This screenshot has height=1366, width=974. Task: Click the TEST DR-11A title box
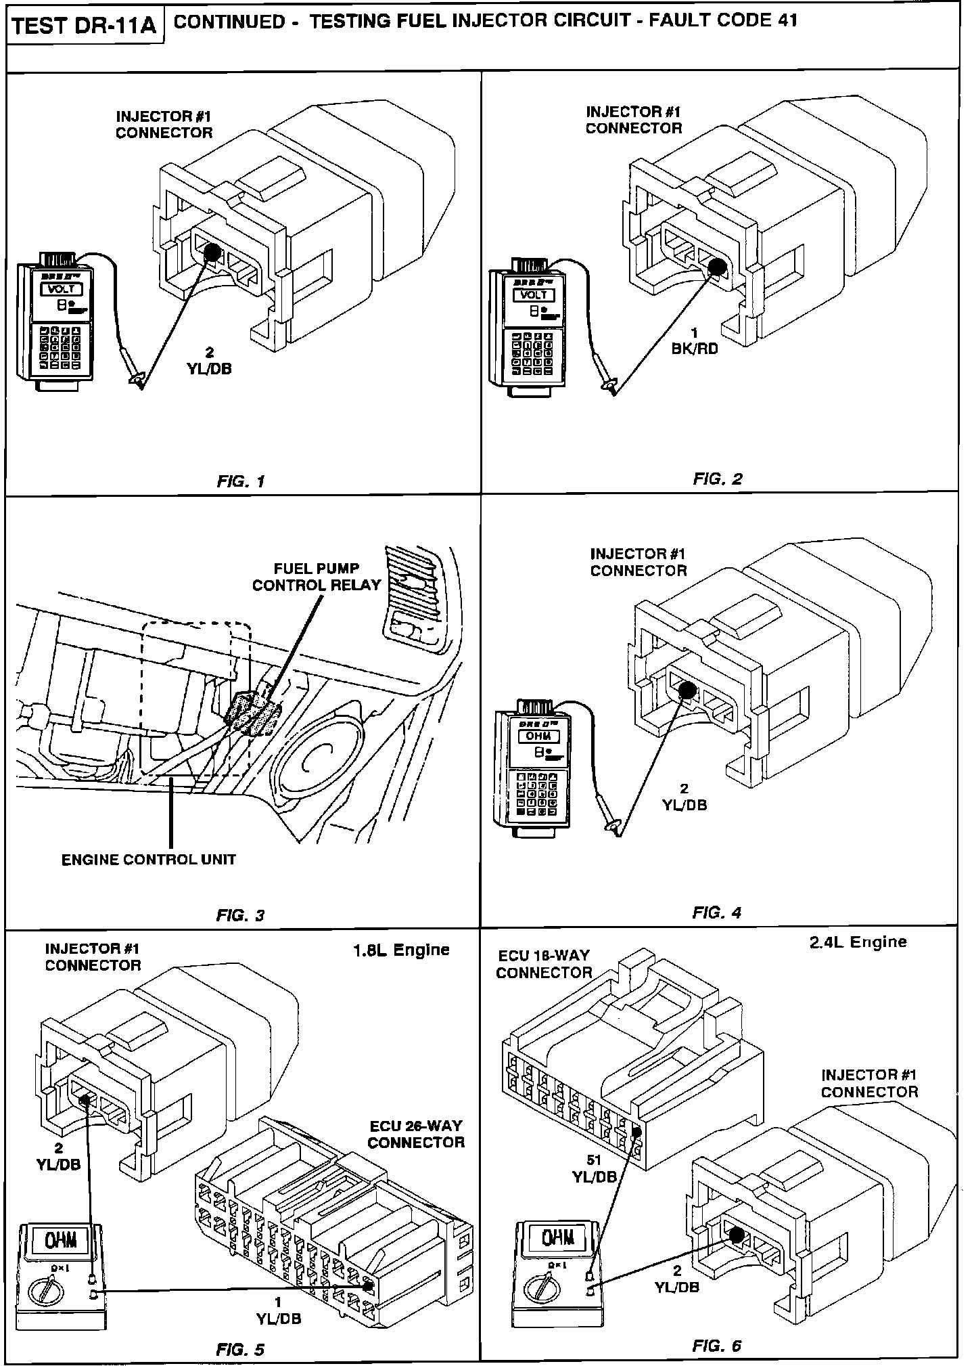[x=85, y=26]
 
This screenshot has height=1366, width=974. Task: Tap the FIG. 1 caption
[x=240, y=481]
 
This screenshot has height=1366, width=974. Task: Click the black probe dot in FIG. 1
[x=210, y=252]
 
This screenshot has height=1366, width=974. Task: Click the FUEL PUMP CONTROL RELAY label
[x=317, y=577]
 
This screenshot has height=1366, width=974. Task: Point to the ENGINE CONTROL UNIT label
[x=149, y=860]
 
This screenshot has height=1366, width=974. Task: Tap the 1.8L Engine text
[x=401, y=950]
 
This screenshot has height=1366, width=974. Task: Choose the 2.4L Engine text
[x=858, y=942]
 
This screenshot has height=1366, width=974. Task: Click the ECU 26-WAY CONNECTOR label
[x=416, y=1134]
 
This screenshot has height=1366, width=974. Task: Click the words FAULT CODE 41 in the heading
[x=722, y=20]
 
